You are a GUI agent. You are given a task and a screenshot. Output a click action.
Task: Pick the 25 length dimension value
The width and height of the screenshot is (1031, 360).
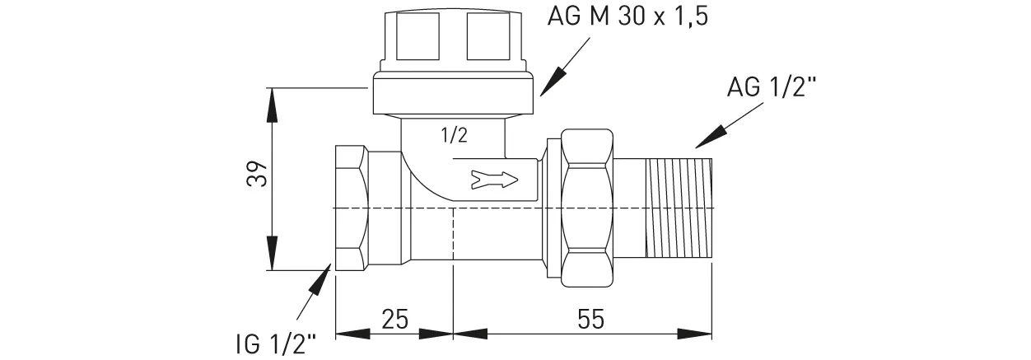tap(395, 319)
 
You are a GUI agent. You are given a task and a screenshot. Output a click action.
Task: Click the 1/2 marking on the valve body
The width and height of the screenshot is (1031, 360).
tap(454, 137)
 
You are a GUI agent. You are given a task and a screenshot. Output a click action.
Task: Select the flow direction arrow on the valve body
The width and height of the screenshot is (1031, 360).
tap(494, 178)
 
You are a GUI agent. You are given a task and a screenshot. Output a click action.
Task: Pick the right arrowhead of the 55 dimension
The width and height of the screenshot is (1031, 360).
tap(701, 334)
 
